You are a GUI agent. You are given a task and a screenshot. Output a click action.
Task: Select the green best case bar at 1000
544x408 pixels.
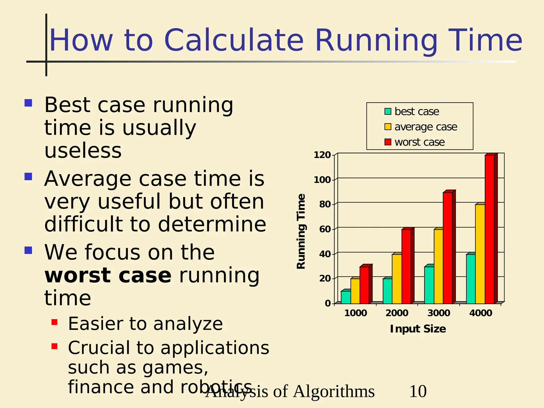click(x=346, y=297)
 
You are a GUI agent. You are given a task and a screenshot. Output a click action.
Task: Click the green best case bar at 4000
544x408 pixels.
click(x=471, y=279)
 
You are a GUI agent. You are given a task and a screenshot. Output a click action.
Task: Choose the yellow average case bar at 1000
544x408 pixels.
click(x=355, y=291)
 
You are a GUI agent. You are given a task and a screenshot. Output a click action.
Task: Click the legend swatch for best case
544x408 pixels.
click(x=388, y=111)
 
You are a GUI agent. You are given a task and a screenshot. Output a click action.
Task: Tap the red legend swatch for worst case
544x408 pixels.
click(x=388, y=142)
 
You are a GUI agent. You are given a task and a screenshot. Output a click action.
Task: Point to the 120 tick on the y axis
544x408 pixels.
click(x=322, y=155)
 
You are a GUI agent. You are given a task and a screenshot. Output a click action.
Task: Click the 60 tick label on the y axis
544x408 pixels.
click(x=325, y=229)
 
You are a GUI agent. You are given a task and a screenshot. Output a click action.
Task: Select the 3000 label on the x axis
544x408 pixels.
click(x=439, y=313)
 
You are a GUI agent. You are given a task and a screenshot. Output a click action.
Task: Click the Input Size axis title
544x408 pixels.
click(x=418, y=329)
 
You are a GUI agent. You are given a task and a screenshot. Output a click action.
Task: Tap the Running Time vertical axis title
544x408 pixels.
click(x=301, y=231)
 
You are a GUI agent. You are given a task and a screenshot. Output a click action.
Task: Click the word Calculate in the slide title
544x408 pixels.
click(x=234, y=40)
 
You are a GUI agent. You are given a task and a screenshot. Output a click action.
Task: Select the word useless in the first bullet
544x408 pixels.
click(x=83, y=151)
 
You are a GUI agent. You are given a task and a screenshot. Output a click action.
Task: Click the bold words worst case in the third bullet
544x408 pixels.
click(x=108, y=275)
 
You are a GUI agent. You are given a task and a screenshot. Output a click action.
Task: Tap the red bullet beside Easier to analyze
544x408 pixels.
click(x=54, y=322)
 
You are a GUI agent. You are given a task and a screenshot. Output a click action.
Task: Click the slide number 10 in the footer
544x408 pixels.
click(x=418, y=391)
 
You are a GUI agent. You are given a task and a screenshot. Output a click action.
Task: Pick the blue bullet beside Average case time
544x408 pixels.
click(x=28, y=177)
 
